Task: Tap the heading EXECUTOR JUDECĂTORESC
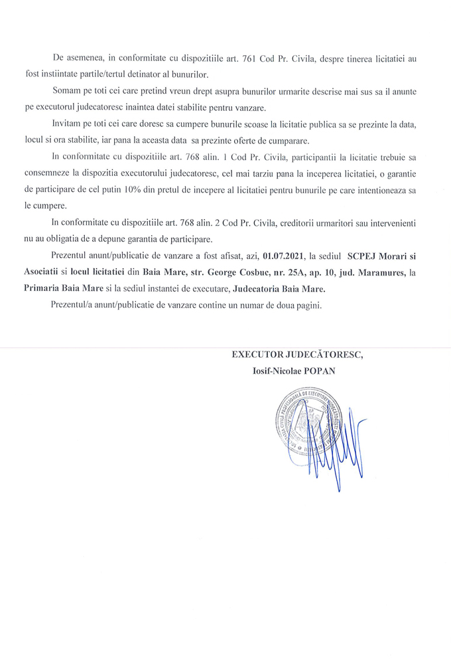pyautogui.click(x=297, y=355)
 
